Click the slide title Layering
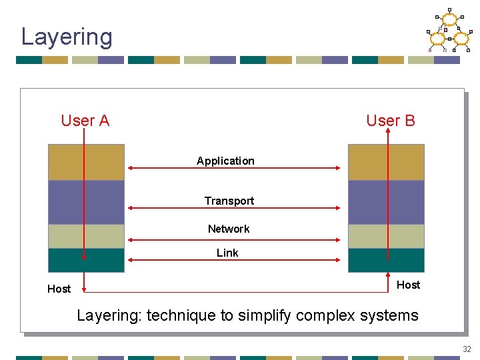click(x=67, y=37)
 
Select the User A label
click(x=85, y=121)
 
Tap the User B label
click(x=390, y=121)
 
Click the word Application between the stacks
click(x=225, y=161)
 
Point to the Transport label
click(x=229, y=201)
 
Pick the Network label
click(x=229, y=229)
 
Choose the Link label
click(x=227, y=253)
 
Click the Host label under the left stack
click(x=59, y=289)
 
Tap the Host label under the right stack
click(x=408, y=285)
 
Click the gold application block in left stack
click(x=67, y=162)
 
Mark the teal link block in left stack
click(x=67, y=260)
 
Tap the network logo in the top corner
click(x=449, y=31)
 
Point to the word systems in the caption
click(x=387, y=315)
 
